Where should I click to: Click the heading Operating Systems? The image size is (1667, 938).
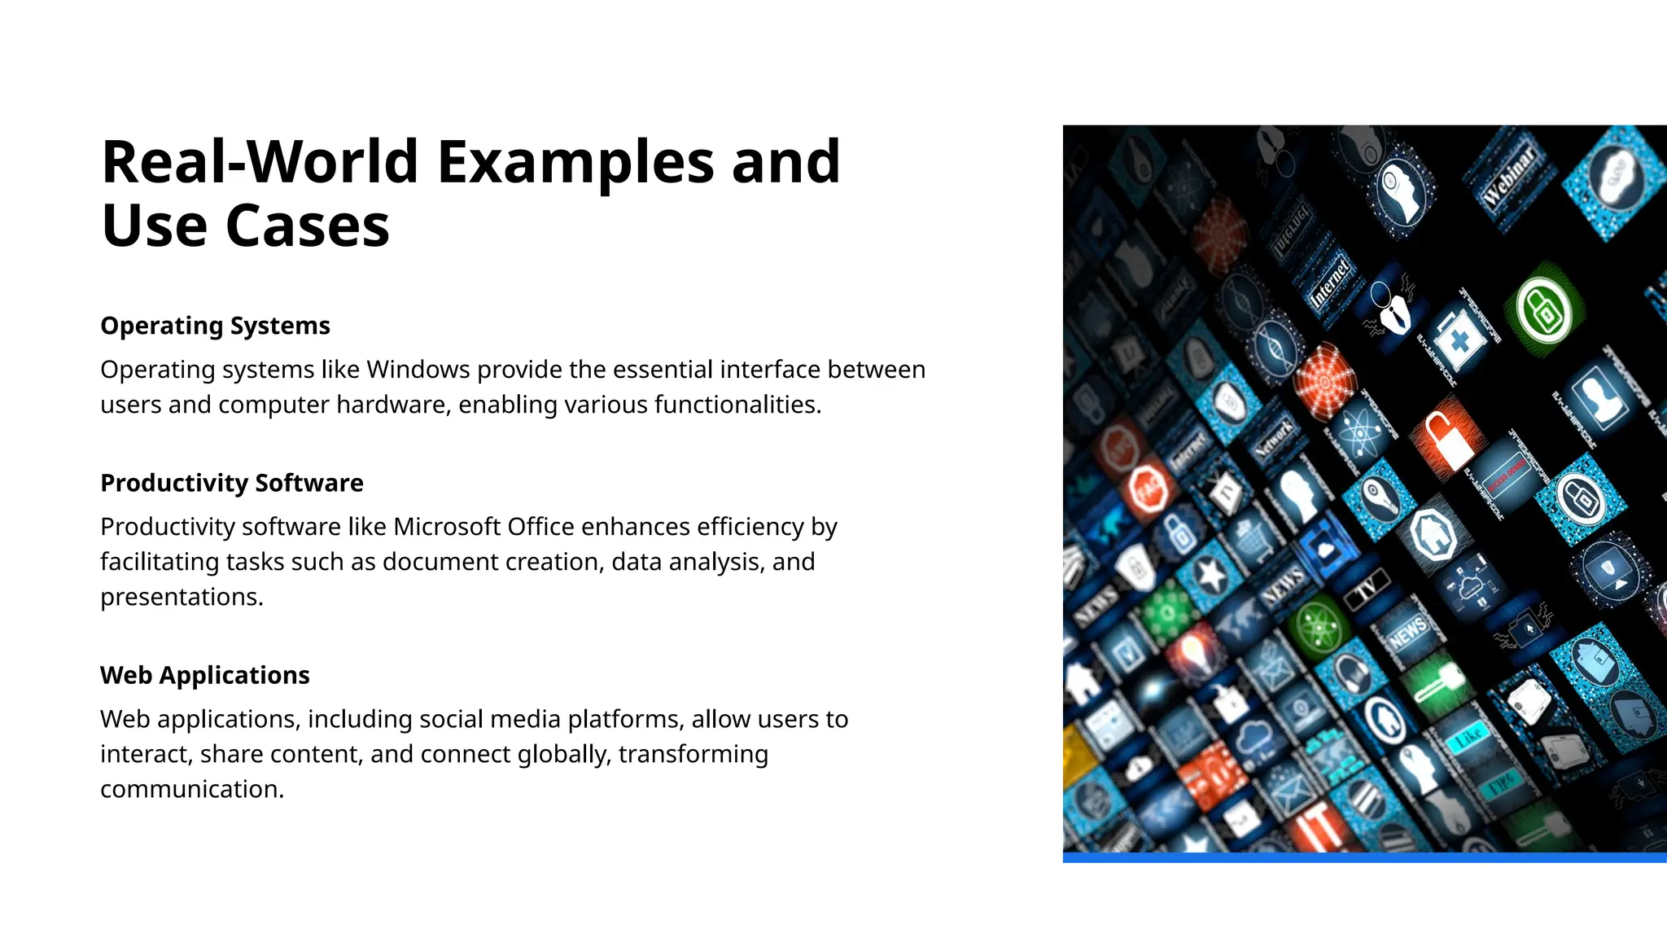[x=215, y=326]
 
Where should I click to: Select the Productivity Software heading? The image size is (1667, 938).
[x=231, y=483]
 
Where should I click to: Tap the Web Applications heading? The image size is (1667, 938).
[x=204, y=675]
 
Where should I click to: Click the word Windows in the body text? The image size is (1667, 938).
[x=418, y=370]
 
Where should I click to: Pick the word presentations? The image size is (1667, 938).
[x=181, y=597]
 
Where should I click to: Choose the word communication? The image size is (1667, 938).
[x=191, y=789]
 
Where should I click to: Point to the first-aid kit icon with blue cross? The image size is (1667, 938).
[x=1459, y=340]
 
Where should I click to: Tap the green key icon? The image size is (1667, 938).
[x=1437, y=682]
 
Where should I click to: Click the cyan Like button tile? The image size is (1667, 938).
[x=1468, y=737]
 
